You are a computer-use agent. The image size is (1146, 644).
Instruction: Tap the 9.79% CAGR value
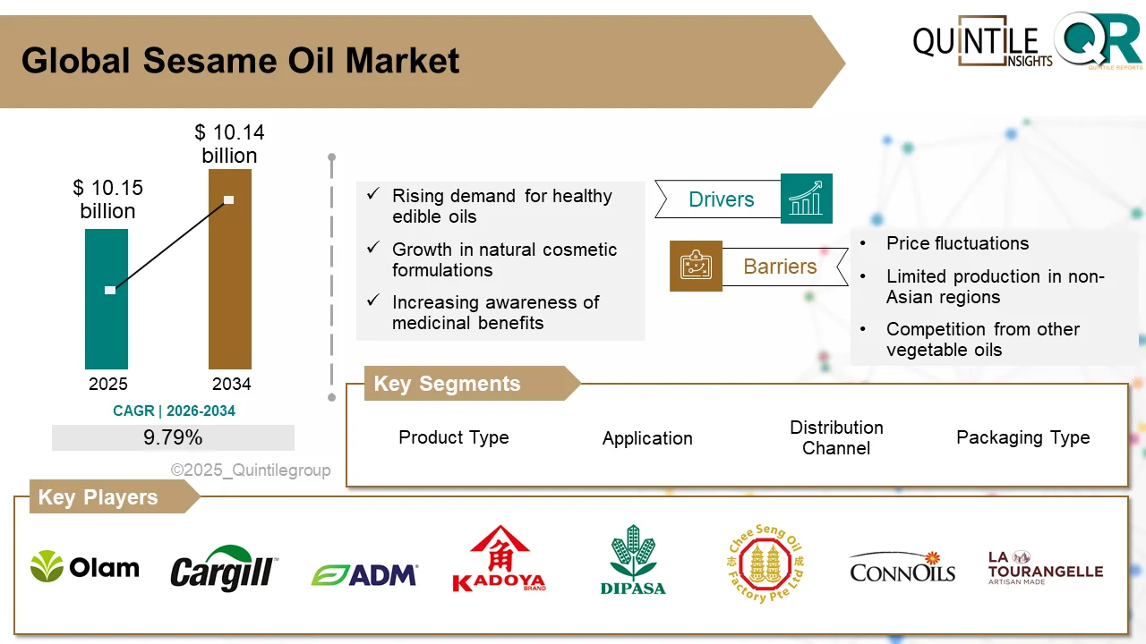click(x=173, y=437)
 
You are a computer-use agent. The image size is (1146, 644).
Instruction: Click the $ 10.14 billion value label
click(x=229, y=144)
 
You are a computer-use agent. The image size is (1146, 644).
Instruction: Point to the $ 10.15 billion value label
click(x=107, y=199)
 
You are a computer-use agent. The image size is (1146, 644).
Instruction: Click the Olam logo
click(x=85, y=567)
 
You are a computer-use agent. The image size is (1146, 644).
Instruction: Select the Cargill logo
click(x=224, y=569)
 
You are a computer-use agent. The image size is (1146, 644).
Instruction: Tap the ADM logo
click(x=364, y=574)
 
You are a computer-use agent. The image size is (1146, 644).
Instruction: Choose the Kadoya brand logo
click(x=499, y=560)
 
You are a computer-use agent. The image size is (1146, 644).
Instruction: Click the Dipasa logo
click(x=633, y=561)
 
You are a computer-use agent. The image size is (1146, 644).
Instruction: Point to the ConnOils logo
click(x=902, y=568)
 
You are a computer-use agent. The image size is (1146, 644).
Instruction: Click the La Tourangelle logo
click(x=1045, y=568)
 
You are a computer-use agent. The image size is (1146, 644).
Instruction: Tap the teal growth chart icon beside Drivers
click(x=806, y=199)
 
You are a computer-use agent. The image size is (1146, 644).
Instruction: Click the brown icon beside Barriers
click(x=696, y=266)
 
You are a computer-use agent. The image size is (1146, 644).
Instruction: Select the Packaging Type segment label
click(x=1022, y=437)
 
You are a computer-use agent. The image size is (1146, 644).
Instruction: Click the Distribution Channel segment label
click(x=836, y=437)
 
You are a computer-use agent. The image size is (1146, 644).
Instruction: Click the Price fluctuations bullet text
click(x=957, y=243)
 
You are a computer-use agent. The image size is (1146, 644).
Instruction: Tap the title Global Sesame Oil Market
click(x=240, y=61)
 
